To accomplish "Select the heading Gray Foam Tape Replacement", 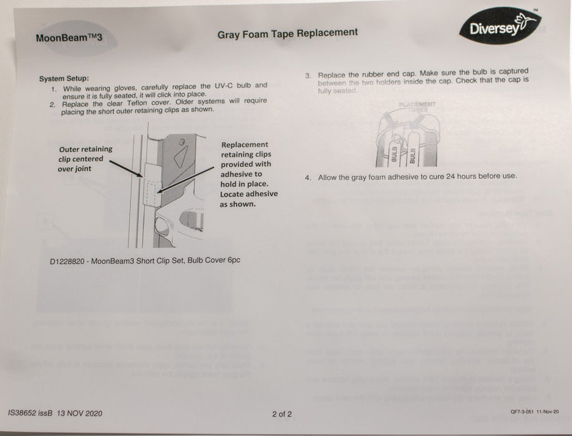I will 287,34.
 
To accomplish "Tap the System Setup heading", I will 64,78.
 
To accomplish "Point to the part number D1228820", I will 68,261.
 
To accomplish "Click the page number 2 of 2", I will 281,414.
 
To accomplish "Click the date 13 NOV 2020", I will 79,414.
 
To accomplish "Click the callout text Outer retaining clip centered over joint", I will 85,158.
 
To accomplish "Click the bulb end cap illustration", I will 405,138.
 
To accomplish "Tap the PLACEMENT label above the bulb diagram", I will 417,104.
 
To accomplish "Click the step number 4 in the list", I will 308,178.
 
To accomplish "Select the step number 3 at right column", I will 308,75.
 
